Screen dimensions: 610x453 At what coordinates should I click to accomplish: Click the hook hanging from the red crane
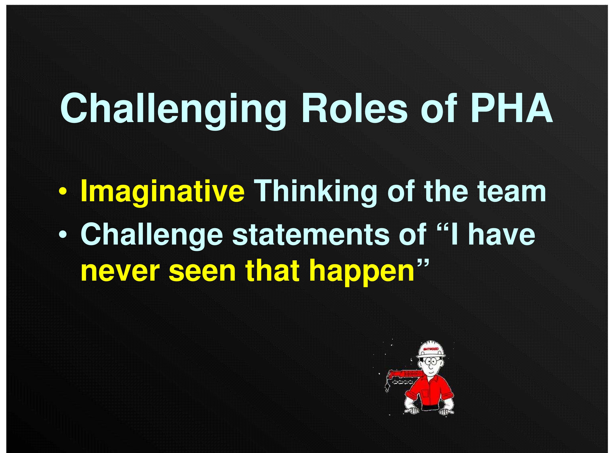[387, 388]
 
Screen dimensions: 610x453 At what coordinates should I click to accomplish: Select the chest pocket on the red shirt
[425, 393]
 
